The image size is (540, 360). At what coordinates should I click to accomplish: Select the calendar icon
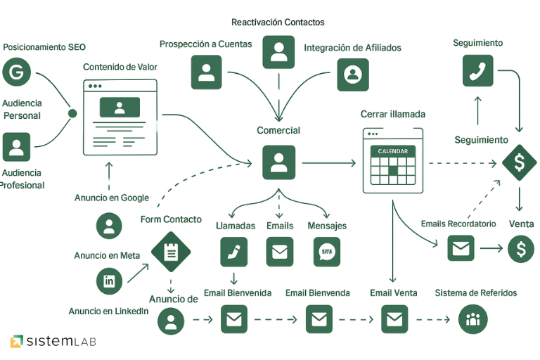pyautogui.click(x=393, y=160)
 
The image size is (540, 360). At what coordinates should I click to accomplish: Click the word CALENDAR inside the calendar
pyautogui.click(x=393, y=151)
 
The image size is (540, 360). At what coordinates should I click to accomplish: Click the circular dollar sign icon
pyautogui.click(x=522, y=248)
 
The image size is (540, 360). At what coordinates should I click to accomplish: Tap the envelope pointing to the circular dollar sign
pyautogui.click(x=461, y=247)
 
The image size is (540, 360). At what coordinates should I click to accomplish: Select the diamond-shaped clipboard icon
pyautogui.click(x=170, y=250)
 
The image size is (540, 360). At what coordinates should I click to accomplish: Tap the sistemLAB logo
pyautogui.click(x=53, y=342)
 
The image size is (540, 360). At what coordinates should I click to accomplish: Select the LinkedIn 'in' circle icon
pyautogui.click(x=109, y=281)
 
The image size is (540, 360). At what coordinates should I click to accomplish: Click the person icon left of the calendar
pyautogui.click(x=278, y=163)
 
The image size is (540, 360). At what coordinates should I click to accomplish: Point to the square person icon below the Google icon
pyautogui.click(x=15, y=147)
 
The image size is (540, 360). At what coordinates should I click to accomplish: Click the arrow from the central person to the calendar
pyautogui.click(x=329, y=164)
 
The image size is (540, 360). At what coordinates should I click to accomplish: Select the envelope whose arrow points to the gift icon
pyautogui.click(x=394, y=321)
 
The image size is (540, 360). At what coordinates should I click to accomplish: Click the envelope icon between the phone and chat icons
pyautogui.click(x=279, y=252)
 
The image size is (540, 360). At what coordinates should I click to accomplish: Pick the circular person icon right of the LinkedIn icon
pyautogui.click(x=170, y=321)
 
